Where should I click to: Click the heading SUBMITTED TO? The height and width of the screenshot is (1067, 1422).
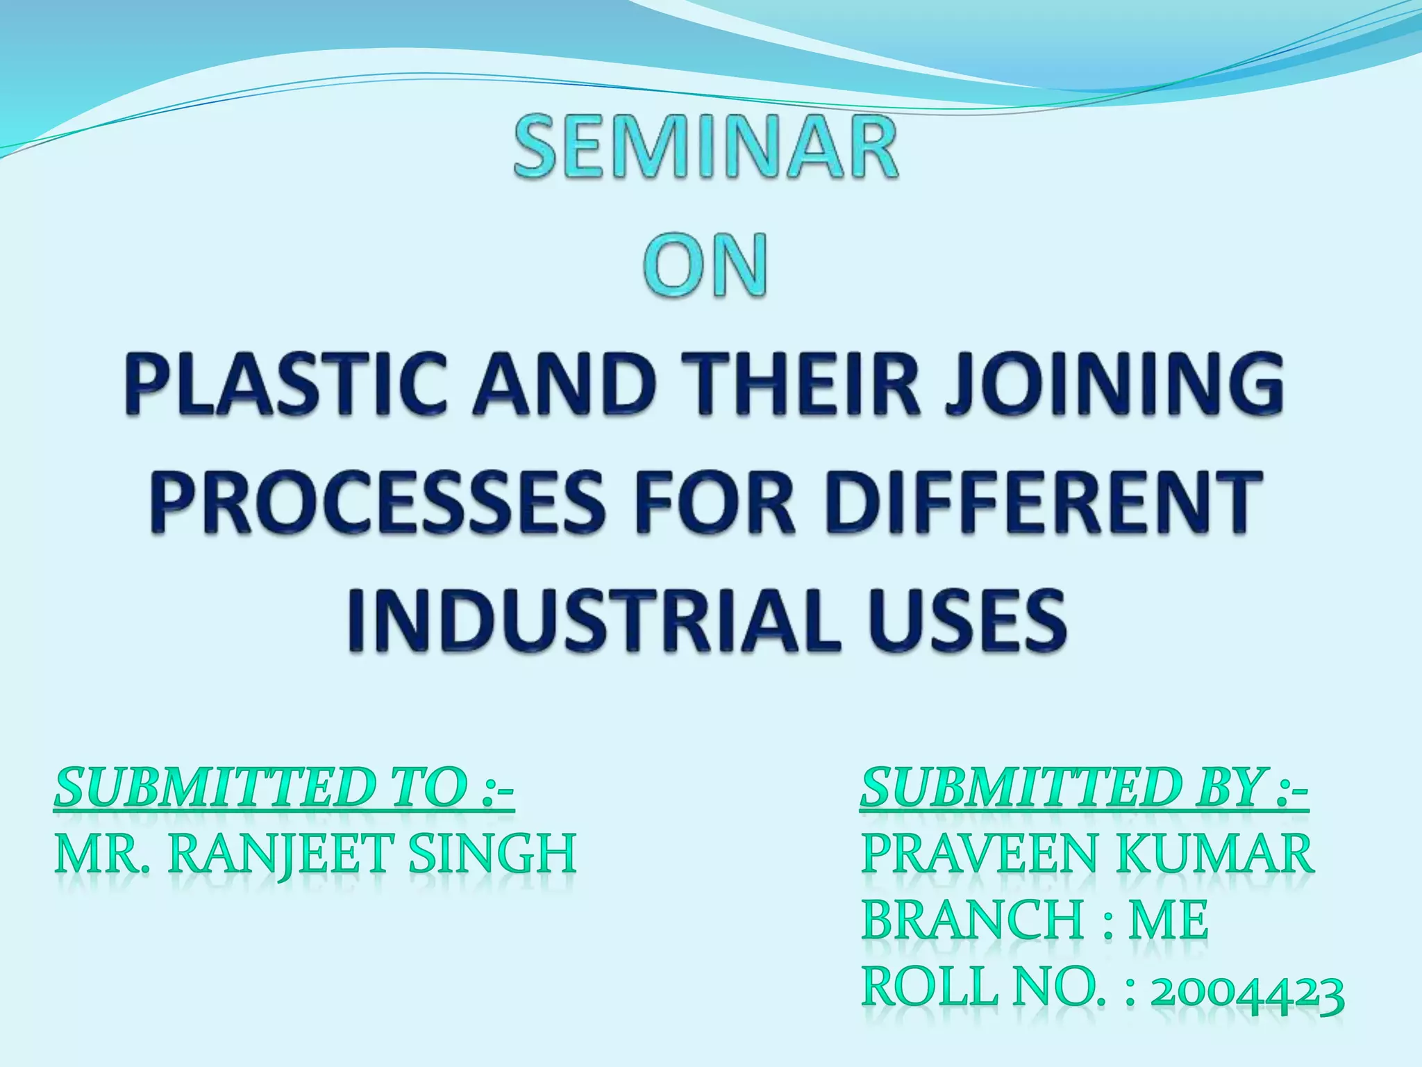point(284,790)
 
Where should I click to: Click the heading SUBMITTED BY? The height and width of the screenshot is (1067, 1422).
point(1084,790)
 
